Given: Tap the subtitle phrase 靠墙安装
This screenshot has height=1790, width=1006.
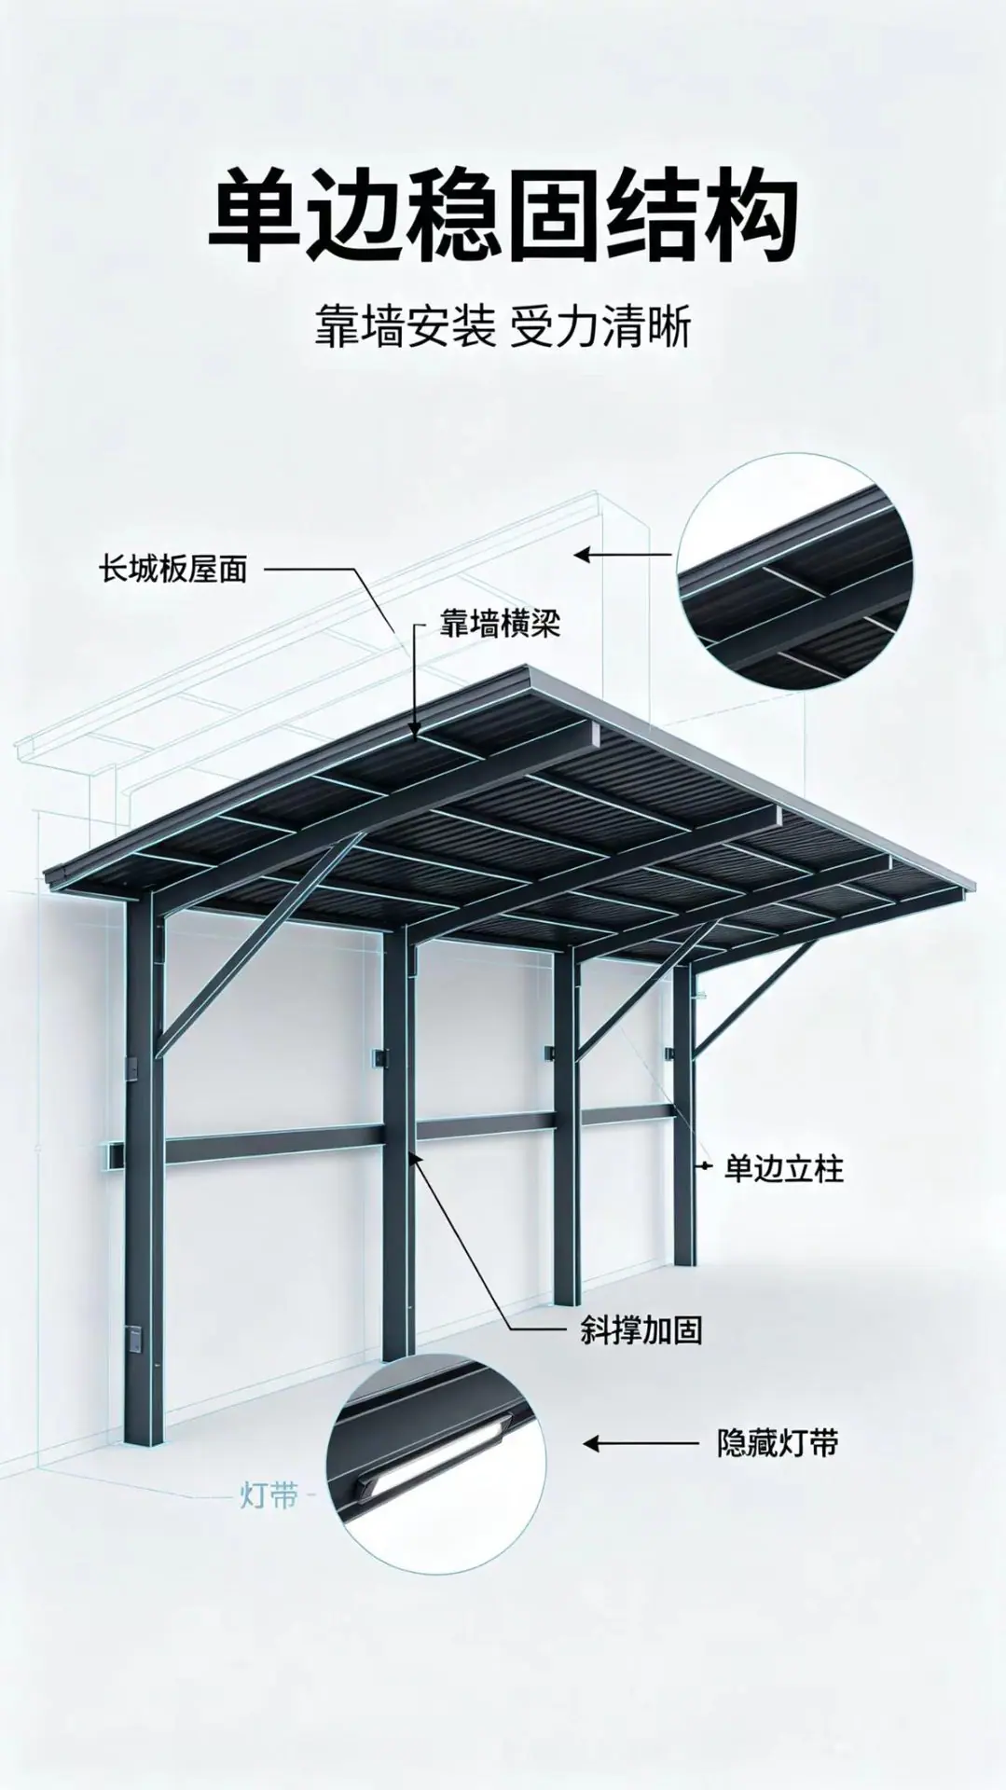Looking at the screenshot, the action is pos(404,330).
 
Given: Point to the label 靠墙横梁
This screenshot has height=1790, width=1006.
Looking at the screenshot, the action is pos(500,624).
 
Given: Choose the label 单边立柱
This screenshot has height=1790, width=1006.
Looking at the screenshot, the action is pos(783,1168).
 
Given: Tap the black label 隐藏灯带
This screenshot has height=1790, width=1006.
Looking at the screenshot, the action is pos(778,1469).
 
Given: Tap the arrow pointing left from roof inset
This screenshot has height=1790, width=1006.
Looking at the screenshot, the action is pos(622,555).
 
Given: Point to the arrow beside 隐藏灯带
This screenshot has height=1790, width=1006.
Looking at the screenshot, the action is pos(641,1470).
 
